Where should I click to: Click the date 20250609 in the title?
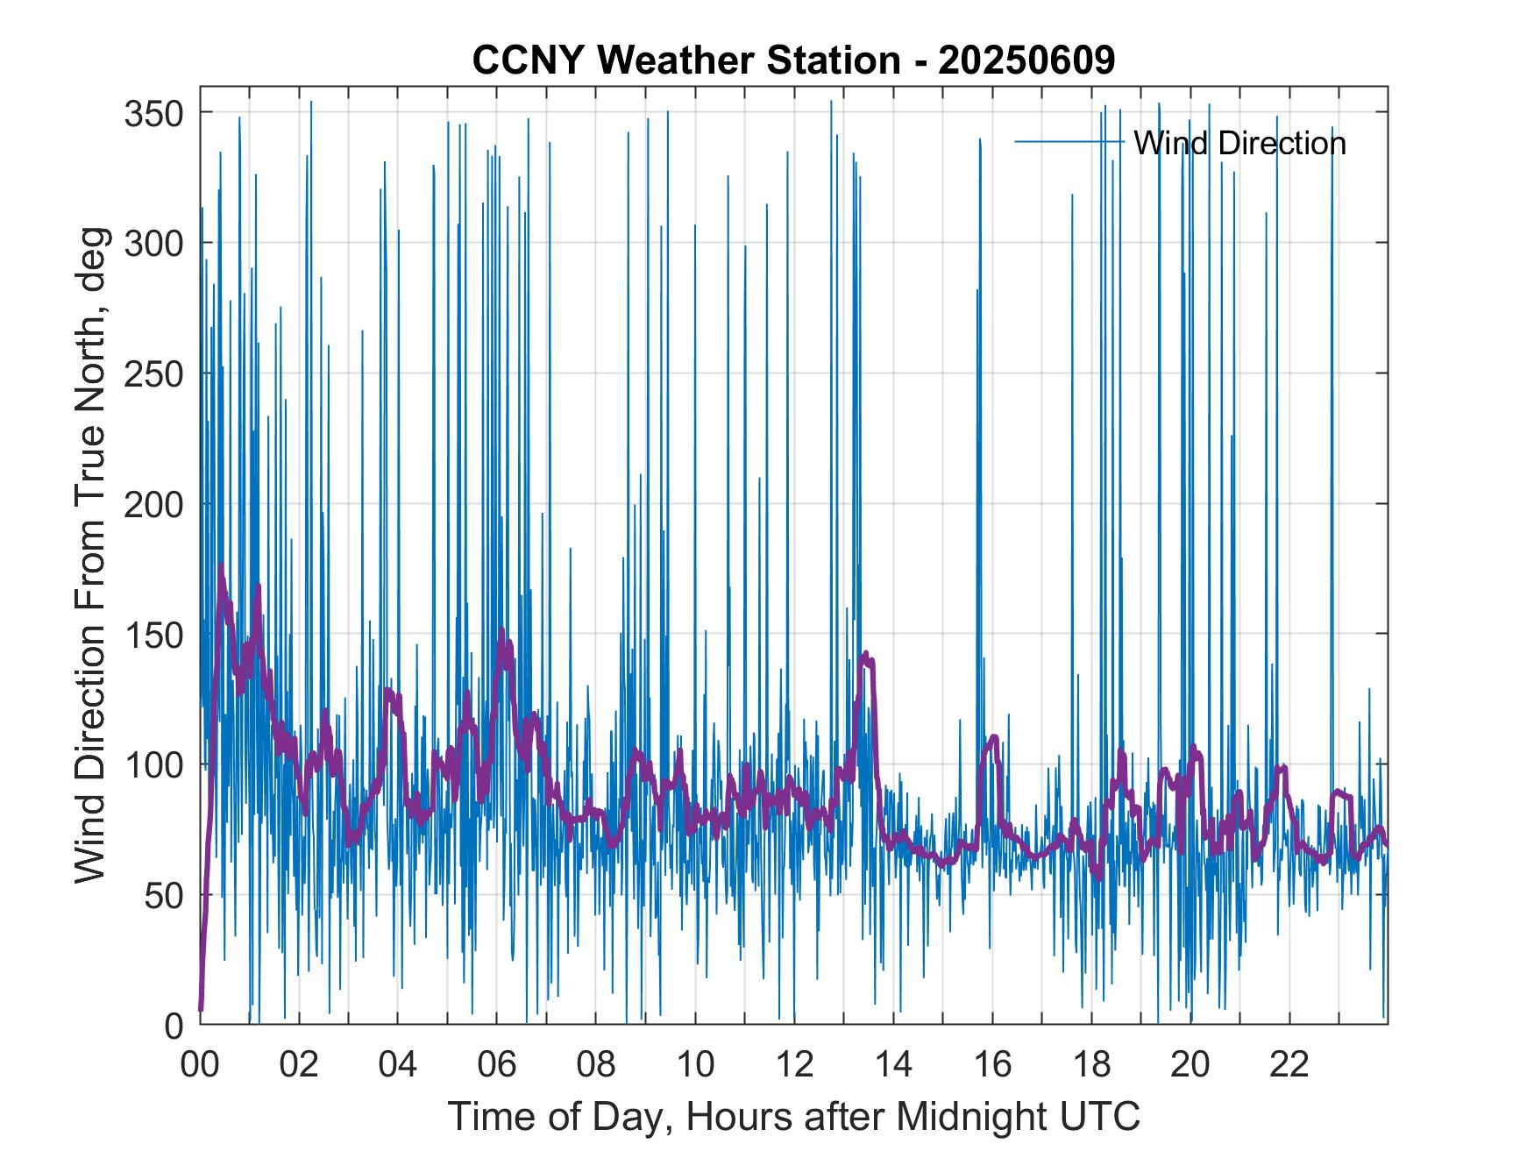click(x=1026, y=60)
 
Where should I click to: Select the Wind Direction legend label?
click(x=1239, y=142)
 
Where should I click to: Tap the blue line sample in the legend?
click(x=1069, y=141)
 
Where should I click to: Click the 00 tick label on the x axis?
click(x=200, y=1064)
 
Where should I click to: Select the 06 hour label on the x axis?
click(x=497, y=1064)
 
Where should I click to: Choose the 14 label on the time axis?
click(x=893, y=1064)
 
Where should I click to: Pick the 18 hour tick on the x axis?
click(x=1091, y=1064)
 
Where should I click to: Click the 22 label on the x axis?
click(x=1289, y=1064)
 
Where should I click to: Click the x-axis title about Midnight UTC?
click(x=794, y=1116)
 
